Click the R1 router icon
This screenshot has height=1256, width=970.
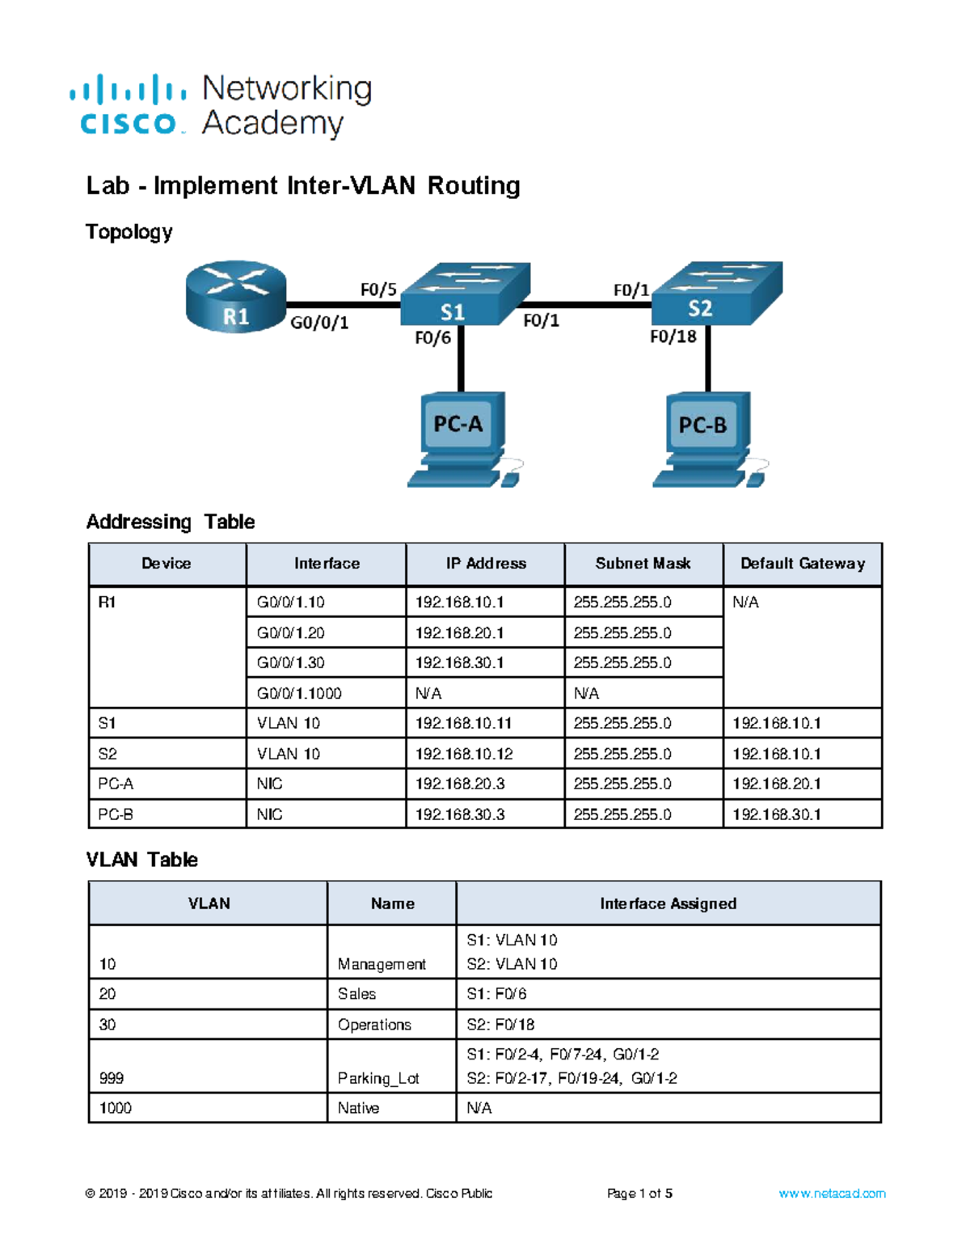tap(236, 296)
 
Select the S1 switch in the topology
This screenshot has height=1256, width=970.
tap(465, 294)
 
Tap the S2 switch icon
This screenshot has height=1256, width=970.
tap(717, 293)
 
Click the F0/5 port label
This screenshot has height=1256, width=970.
tap(378, 290)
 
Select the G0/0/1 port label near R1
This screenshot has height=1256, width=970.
tap(319, 323)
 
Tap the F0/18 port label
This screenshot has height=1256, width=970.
tap(673, 336)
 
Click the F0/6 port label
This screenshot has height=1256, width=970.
tap(432, 337)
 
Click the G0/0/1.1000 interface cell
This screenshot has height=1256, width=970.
tap(299, 693)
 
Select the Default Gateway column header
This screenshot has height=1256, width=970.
tap(803, 564)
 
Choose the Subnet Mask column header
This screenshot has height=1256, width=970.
tap(643, 564)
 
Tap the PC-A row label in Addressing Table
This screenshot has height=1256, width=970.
tap(116, 784)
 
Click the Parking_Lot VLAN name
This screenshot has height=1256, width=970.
tap(378, 1079)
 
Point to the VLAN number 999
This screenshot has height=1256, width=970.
tap(111, 1079)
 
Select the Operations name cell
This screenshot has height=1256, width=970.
tap(374, 1025)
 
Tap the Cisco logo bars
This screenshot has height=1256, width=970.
tap(128, 90)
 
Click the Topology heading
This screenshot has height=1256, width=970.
tap(129, 232)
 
